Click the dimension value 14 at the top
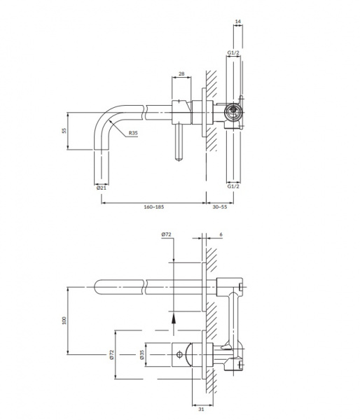pyautogui.click(x=237, y=21)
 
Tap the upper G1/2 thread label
pyautogui.click(x=233, y=52)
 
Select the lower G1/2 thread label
pyautogui.click(x=233, y=186)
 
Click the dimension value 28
pyautogui.click(x=181, y=73)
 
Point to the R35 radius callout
pyautogui.click(x=133, y=132)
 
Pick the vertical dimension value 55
pyautogui.click(x=64, y=131)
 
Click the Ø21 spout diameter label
pyautogui.click(x=102, y=188)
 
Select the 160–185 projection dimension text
pyautogui.click(x=154, y=206)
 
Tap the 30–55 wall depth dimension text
pyautogui.click(x=220, y=206)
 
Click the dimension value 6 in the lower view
pyautogui.click(x=221, y=234)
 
